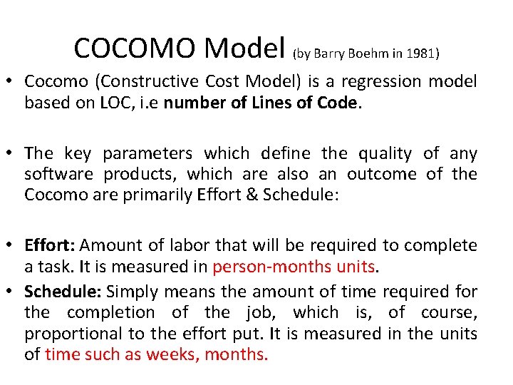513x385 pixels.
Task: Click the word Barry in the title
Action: coord(331,53)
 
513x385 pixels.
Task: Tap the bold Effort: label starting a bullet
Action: coord(49,246)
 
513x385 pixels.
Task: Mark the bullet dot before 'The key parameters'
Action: coord(12,154)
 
